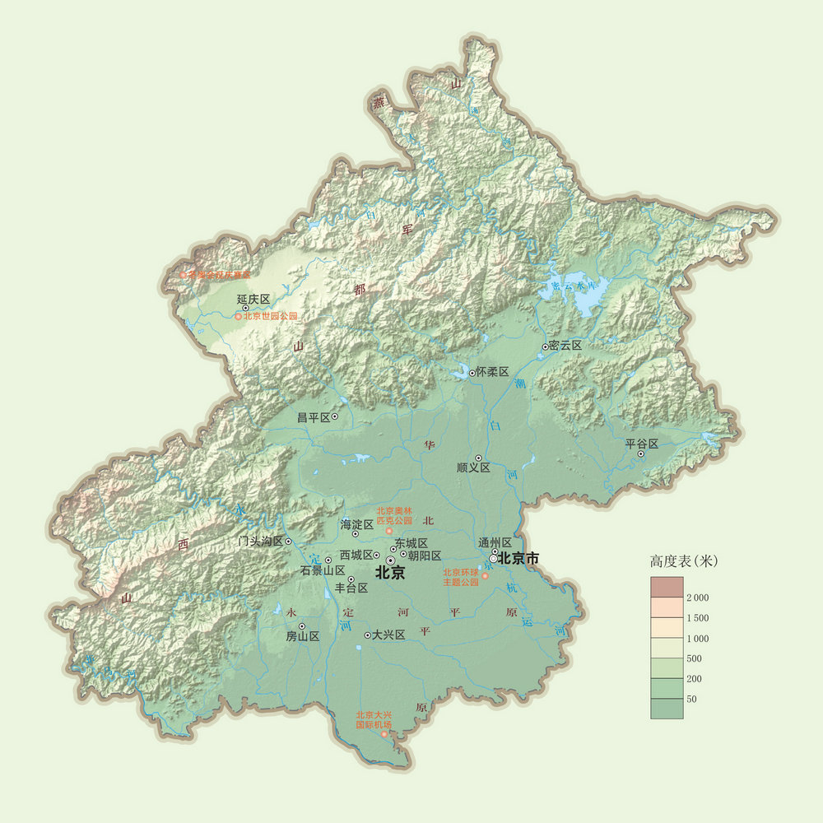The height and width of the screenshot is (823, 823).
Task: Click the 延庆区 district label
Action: coord(253,299)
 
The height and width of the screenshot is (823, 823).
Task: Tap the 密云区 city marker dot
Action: coord(545,347)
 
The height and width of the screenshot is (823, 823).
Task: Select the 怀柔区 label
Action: coord(493,372)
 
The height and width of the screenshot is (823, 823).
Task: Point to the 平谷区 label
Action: coord(642,444)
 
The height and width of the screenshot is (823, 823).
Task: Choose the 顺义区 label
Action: coord(473,467)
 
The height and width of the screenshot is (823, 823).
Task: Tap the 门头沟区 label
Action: coord(259,542)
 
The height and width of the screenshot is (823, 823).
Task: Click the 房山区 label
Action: coord(302,636)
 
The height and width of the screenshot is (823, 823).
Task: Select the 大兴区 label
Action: coord(388,635)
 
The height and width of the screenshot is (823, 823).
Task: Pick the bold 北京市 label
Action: coord(518,558)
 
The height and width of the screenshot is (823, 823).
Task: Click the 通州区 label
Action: coord(495,542)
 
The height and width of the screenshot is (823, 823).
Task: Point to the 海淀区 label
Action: coord(356,523)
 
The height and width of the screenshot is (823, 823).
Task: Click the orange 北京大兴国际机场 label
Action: coord(374,720)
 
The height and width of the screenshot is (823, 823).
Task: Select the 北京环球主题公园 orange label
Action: coord(461,577)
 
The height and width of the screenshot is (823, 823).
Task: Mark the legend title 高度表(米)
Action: coord(683,561)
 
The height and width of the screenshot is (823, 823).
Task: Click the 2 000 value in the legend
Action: coord(697,597)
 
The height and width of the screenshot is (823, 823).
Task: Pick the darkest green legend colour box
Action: coord(667,709)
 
